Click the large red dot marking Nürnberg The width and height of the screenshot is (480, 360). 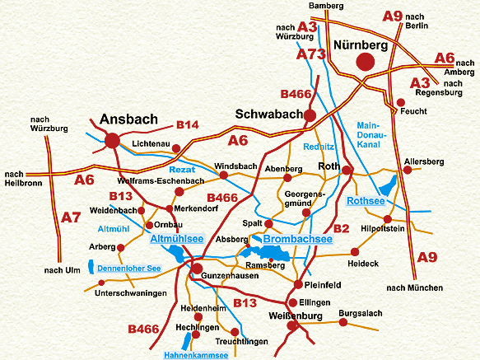point(366,62)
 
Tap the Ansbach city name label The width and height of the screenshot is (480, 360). point(128,119)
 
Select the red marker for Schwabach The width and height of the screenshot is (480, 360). point(310,115)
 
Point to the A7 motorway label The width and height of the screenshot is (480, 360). point(72,217)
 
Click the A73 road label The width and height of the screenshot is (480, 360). point(312,54)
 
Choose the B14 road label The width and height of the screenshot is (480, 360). point(188,125)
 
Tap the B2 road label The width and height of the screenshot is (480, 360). point(341,228)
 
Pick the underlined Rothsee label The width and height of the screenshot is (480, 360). point(366,201)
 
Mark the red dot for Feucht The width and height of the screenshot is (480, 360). point(401,103)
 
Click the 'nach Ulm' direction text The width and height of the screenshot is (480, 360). point(62,270)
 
